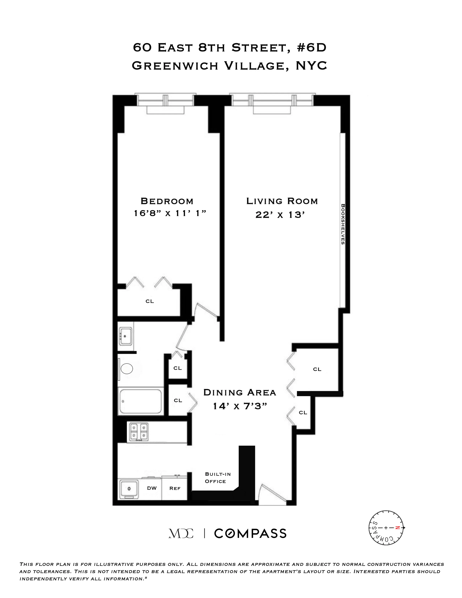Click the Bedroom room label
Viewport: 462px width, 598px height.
click(167, 201)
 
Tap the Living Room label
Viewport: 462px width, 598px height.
click(282, 201)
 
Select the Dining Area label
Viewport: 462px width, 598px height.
click(240, 393)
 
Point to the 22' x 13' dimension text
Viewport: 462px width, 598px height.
click(280, 215)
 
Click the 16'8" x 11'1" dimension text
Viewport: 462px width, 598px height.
click(170, 213)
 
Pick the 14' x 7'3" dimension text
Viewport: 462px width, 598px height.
click(240, 406)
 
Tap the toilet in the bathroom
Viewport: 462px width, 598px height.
click(126, 369)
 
